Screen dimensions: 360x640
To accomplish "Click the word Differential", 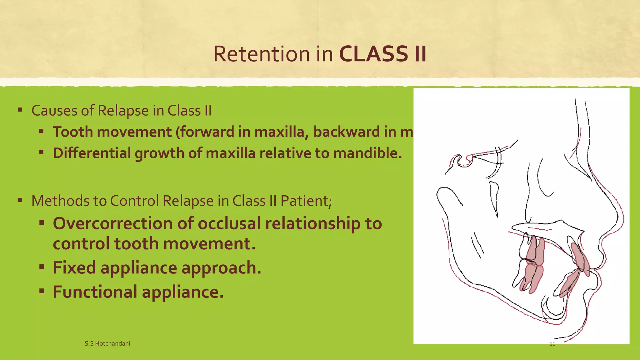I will pyautogui.click(x=92, y=153).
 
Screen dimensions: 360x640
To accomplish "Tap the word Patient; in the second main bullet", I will pyautogui.click(x=306, y=201).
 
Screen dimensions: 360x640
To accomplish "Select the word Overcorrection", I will pyautogui.click(x=112, y=224).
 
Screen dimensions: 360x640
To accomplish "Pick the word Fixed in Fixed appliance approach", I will pyautogui.click(x=74, y=268).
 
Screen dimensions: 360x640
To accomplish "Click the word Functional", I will pyautogui.click(x=95, y=292).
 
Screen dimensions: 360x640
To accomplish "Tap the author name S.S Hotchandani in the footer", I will pyautogui.click(x=107, y=343).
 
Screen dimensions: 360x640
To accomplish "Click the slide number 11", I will pyautogui.click(x=552, y=344).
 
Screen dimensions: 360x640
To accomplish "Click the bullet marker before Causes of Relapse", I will pyautogui.click(x=20, y=110).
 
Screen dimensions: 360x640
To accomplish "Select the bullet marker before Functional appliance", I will pyautogui.click(x=42, y=291).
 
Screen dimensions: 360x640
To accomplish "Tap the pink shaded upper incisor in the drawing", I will pyautogui.click(x=580, y=259).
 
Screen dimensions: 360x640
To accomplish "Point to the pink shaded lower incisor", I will pyautogui.click(x=569, y=283).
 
